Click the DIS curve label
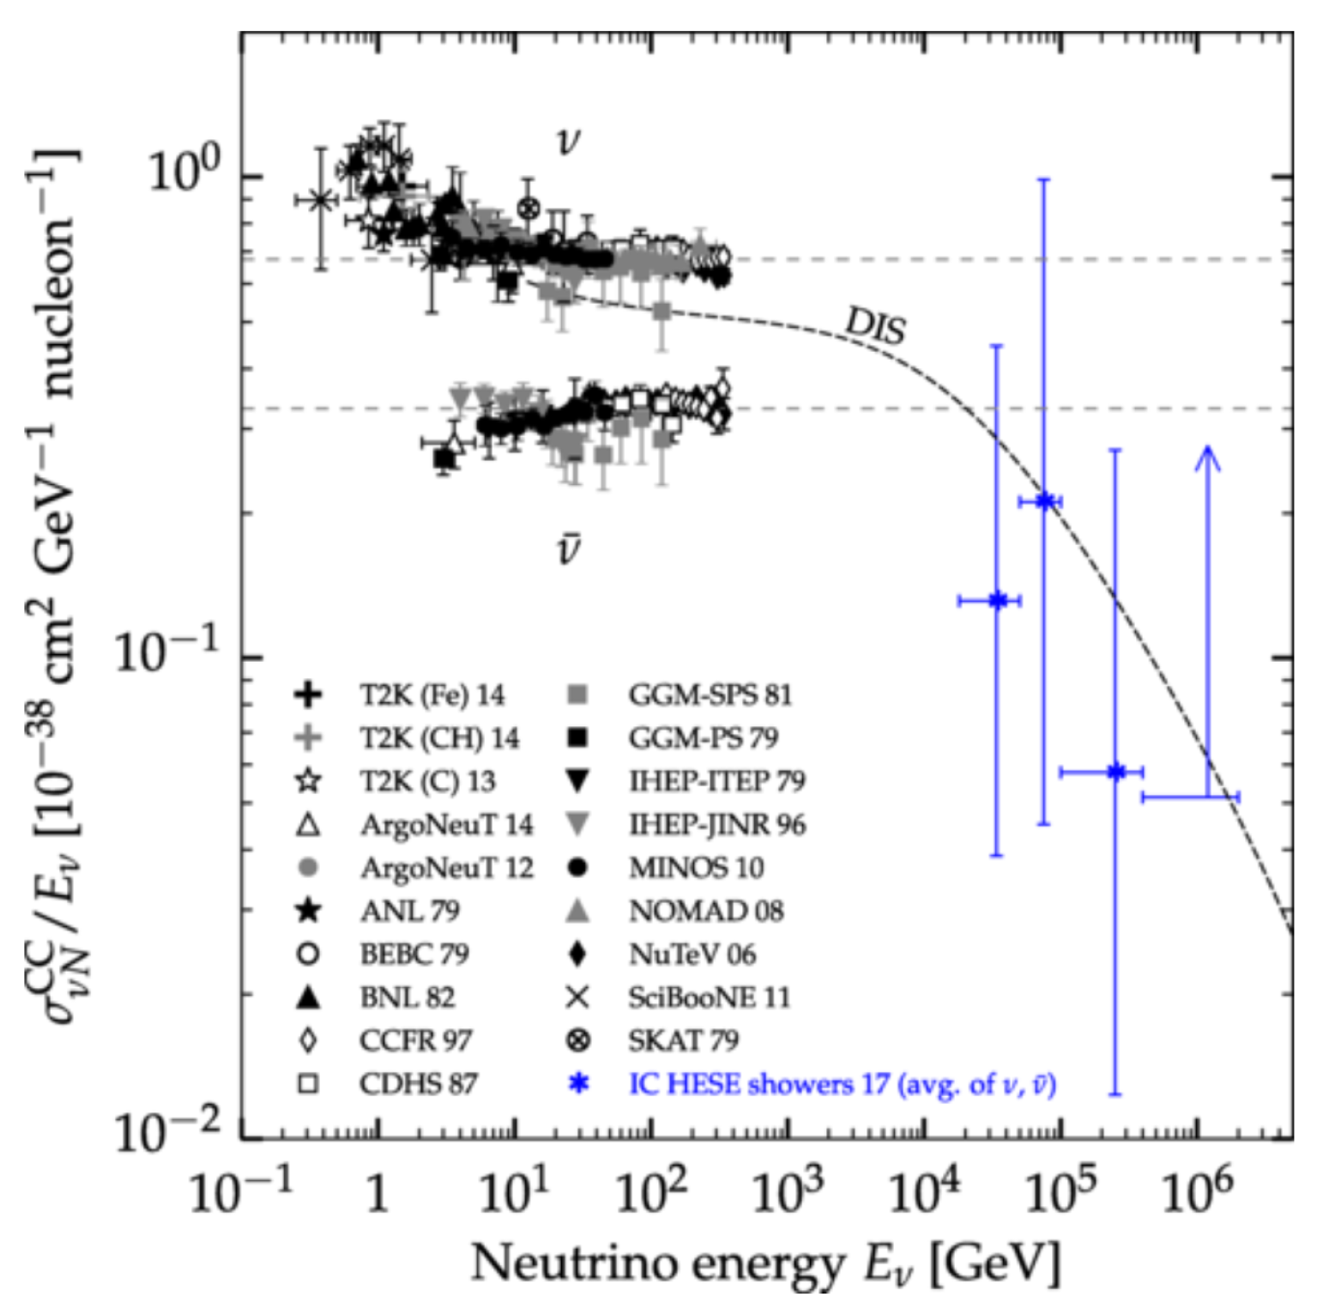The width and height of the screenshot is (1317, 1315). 875,325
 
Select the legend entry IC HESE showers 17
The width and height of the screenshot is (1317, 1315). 842,1084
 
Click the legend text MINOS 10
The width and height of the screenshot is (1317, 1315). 696,868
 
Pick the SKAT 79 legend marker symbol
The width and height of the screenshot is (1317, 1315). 579,1040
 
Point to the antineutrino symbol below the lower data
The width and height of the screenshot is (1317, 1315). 568,550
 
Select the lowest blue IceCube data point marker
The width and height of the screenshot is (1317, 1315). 1115,772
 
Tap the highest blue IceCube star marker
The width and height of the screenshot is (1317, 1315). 1044,500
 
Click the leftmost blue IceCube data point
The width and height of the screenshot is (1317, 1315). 997,600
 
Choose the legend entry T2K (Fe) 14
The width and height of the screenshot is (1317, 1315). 432,694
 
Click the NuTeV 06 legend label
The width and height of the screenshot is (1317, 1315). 692,954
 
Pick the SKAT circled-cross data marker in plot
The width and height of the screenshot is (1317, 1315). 529,208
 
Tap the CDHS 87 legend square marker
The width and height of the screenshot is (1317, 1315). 308,1083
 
